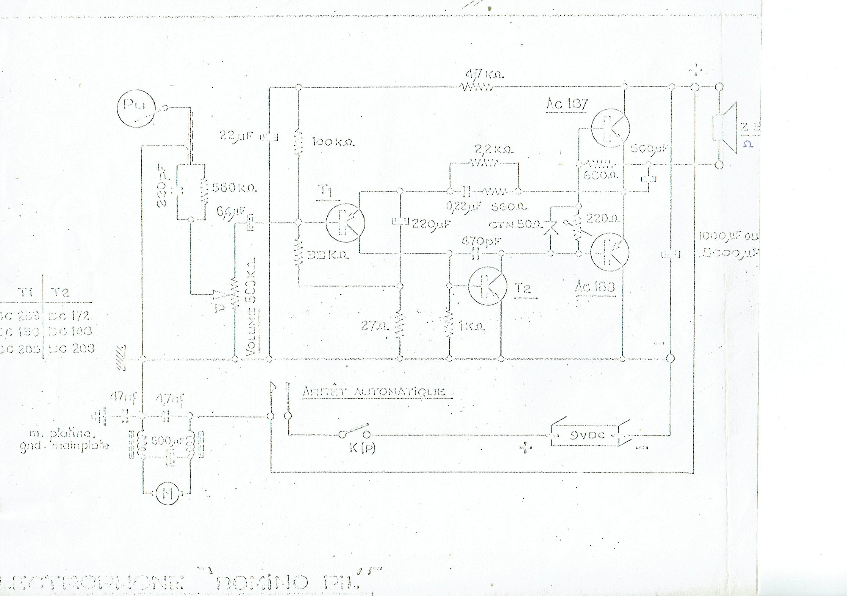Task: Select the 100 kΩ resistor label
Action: pyautogui.click(x=333, y=143)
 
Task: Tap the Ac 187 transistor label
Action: pyautogui.click(x=567, y=104)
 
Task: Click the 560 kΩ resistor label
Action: pyautogui.click(x=234, y=188)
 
